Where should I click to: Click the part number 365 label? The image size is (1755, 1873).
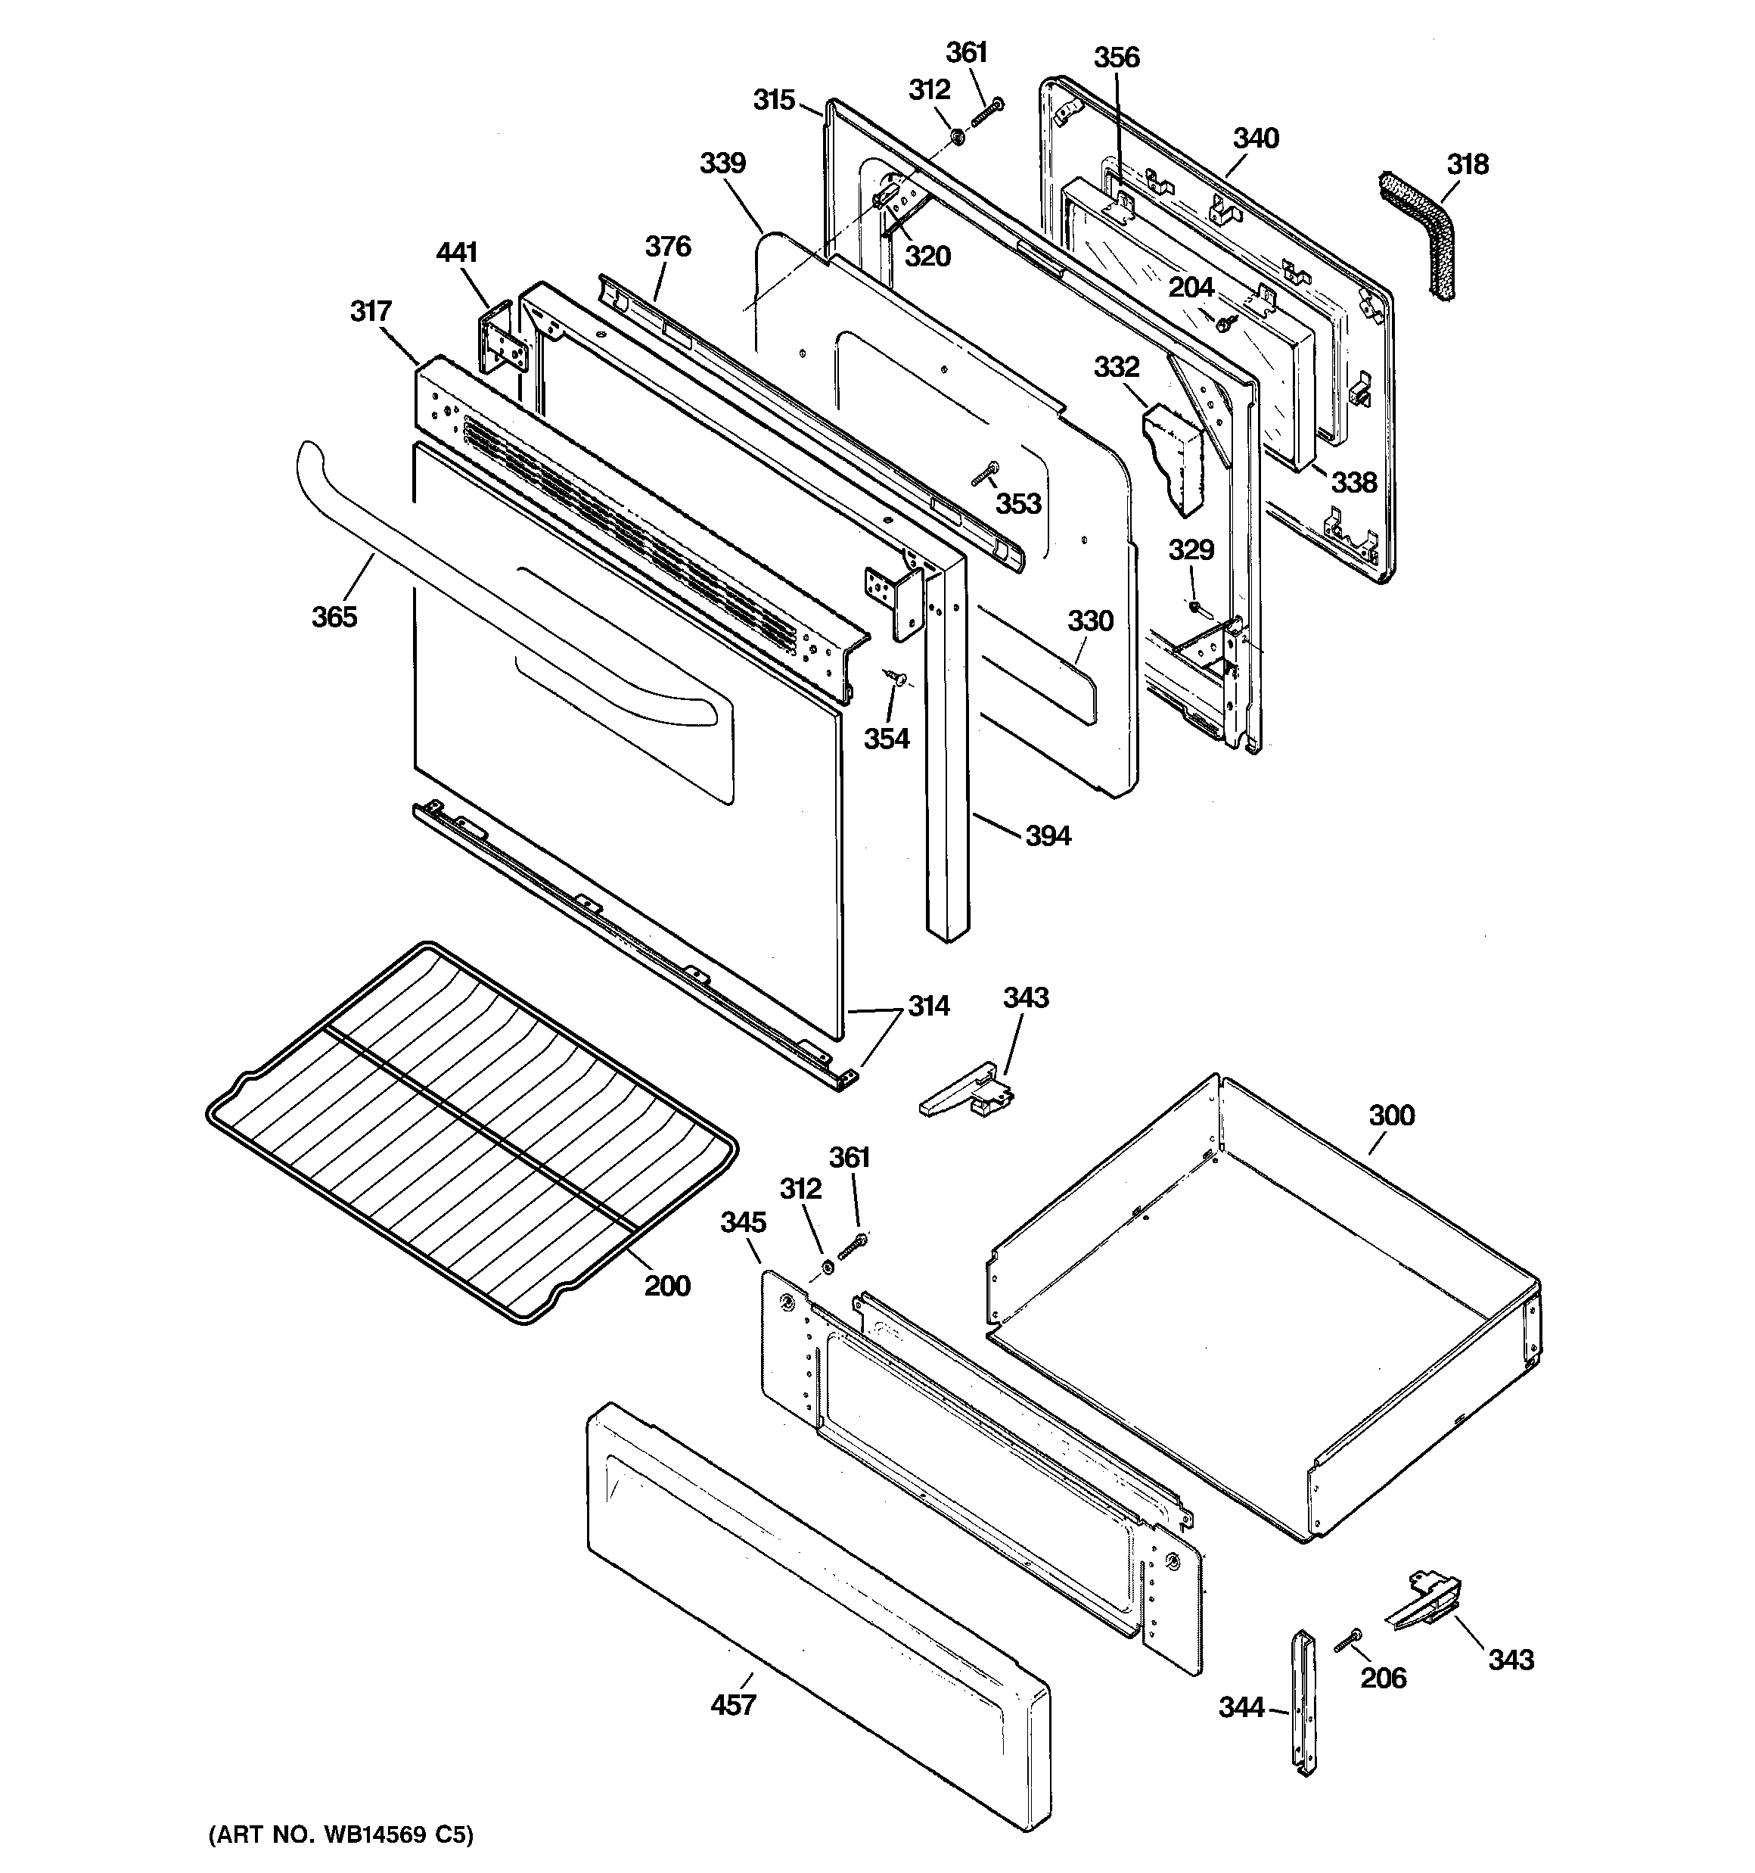[334, 617]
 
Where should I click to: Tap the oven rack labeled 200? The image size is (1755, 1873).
[471, 1131]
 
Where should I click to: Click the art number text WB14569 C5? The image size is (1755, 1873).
[340, 1834]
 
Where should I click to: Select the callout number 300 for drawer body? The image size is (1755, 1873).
[1391, 1115]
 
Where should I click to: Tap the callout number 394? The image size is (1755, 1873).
[1048, 835]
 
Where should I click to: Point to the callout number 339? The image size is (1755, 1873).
[722, 163]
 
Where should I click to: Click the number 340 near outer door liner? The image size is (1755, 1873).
[1256, 138]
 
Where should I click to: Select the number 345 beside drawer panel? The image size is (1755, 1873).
[744, 1222]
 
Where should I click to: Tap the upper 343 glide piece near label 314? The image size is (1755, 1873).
[965, 1093]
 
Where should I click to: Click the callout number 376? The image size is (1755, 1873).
[668, 246]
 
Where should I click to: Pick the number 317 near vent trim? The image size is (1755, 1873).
[371, 310]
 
